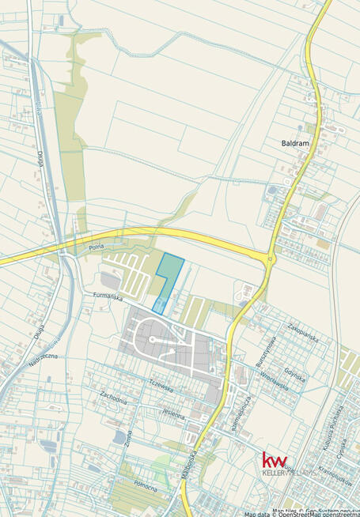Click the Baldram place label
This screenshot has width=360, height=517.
click(x=295, y=144)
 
